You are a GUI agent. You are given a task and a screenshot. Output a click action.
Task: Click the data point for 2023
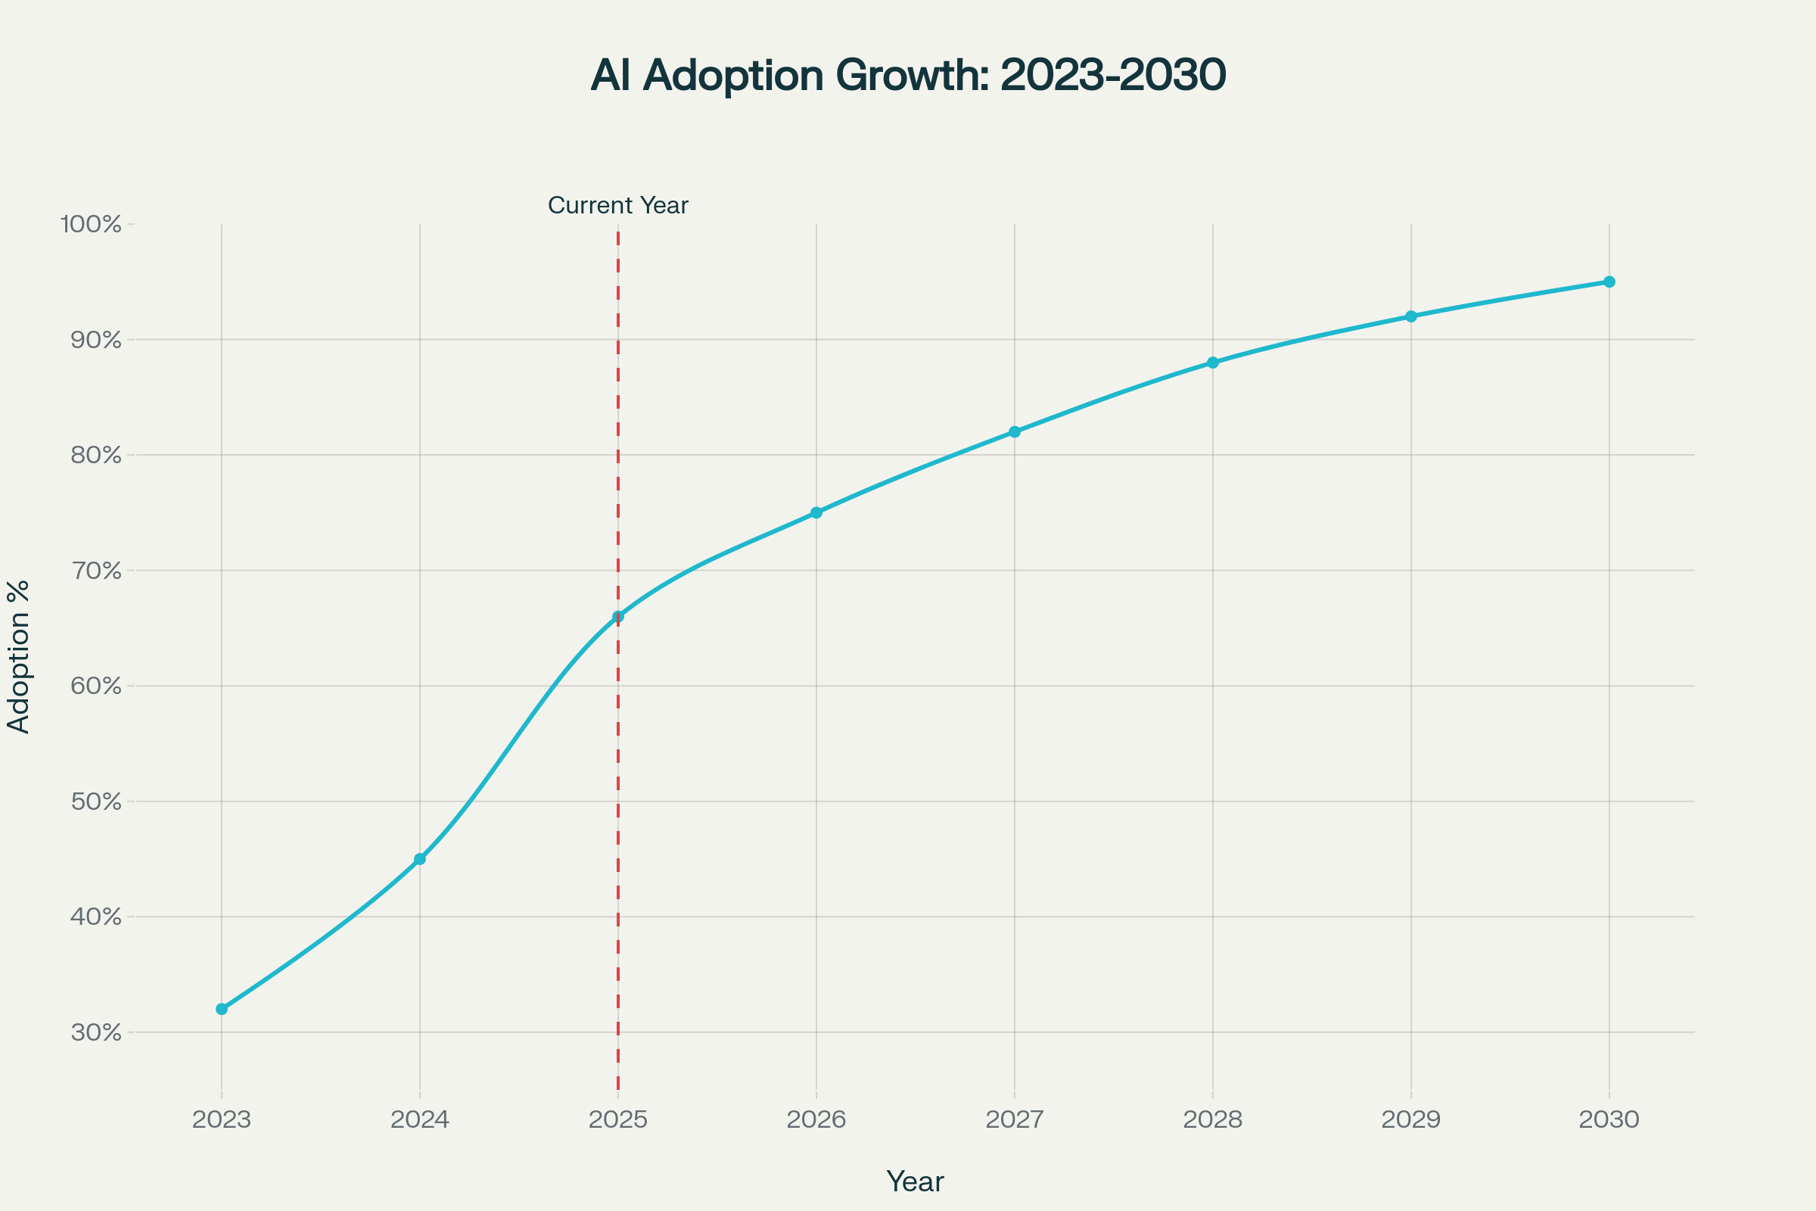point(222,1009)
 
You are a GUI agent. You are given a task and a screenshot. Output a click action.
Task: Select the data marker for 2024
point(420,859)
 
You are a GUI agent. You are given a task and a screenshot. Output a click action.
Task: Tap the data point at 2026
point(816,513)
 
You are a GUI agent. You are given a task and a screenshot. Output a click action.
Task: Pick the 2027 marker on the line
point(1015,431)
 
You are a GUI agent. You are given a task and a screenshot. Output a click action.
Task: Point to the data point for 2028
point(1213,363)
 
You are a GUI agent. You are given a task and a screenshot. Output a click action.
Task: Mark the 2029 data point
point(1411,316)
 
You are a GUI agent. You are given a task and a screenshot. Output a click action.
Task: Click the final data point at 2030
point(1609,282)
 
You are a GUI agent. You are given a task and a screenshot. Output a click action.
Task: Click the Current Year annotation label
point(617,205)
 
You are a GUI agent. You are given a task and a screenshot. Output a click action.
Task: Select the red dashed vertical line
point(618,772)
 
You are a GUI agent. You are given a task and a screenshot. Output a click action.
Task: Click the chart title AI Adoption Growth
point(908,76)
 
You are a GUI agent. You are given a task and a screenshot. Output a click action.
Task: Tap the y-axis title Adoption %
point(18,656)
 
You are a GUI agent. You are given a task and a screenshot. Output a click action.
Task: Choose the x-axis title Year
point(915,1181)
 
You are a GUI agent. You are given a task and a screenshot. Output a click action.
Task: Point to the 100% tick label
point(91,225)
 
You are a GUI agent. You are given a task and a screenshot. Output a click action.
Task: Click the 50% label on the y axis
point(97,802)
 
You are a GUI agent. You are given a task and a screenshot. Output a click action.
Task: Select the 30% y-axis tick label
point(97,1032)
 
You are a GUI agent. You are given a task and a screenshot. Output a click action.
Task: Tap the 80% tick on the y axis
point(97,455)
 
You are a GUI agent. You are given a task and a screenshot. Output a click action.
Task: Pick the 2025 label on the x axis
point(617,1120)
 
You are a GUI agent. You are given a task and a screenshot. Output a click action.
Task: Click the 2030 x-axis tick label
point(1609,1120)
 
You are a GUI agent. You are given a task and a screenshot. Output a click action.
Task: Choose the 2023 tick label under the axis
point(222,1120)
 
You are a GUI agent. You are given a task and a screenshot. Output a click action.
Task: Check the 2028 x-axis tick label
point(1213,1120)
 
